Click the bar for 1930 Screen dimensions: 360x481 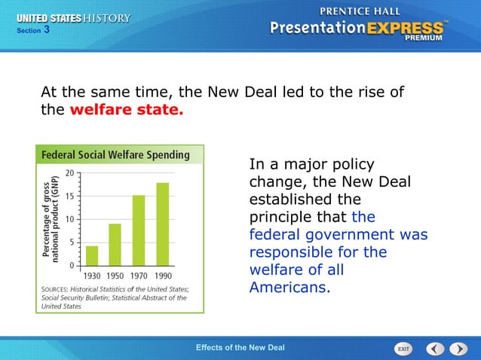[x=91, y=255]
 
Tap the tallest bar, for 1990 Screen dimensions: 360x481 [x=162, y=224]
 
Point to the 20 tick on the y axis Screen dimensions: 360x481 [x=69, y=172]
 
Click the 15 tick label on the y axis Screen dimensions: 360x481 [x=69, y=196]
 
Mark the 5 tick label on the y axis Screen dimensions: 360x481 [x=72, y=243]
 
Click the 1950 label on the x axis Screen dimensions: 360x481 [x=115, y=276]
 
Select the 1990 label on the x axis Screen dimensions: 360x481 [x=162, y=276]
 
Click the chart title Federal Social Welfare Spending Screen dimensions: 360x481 [x=115, y=155]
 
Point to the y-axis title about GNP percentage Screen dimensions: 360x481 [x=51, y=220]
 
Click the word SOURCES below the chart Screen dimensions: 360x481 [x=58, y=289]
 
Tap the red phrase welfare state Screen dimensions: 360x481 [x=126, y=110]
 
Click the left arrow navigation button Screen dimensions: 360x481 [x=435, y=349]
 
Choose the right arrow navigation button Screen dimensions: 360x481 [x=458, y=349]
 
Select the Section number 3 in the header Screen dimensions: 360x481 [x=47, y=29]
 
